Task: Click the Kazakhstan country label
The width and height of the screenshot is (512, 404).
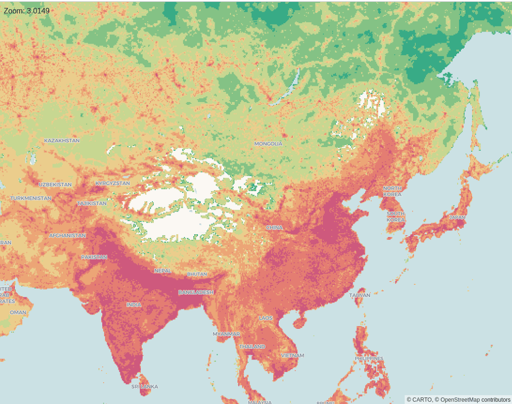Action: click(62, 141)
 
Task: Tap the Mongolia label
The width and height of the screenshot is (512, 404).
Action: click(268, 144)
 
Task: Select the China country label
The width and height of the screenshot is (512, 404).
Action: click(274, 228)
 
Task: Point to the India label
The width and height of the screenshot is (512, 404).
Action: click(134, 305)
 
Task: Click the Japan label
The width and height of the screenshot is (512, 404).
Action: click(457, 217)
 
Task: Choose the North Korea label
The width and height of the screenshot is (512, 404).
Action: click(392, 191)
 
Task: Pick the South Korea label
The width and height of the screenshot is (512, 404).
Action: click(395, 217)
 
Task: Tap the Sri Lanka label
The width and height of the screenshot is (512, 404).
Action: click(144, 386)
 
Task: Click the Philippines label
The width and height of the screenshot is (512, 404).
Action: click(369, 359)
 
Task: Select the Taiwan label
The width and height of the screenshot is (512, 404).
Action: click(360, 295)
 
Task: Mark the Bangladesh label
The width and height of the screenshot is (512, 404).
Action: click(196, 292)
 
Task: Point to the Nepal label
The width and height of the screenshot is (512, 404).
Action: click(163, 270)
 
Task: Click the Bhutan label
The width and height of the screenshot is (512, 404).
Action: click(197, 274)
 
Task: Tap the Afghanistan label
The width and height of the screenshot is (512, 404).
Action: click(67, 236)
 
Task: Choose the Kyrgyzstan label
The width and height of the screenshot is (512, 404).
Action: click(112, 183)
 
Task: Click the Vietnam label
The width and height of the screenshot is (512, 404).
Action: click(292, 355)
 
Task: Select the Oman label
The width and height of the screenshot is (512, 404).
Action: click(18, 312)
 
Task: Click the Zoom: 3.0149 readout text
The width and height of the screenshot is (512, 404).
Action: click(26, 10)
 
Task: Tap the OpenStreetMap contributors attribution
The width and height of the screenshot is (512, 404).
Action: click(475, 399)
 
